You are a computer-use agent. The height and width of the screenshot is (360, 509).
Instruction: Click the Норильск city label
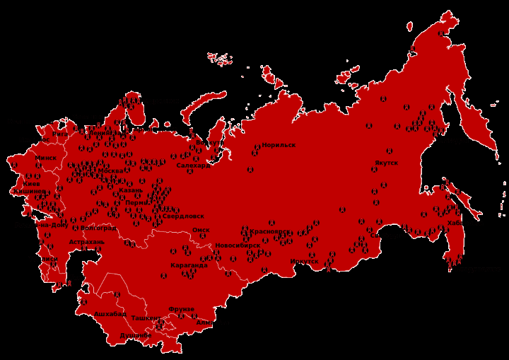279,145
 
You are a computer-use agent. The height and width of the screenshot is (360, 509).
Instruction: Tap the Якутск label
386,163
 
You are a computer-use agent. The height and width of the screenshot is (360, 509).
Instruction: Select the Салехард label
193,166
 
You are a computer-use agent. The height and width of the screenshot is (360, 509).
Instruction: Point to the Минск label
46,158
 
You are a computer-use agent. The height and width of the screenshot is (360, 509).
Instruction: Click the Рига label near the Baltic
60,133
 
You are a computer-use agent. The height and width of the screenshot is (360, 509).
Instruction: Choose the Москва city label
110,170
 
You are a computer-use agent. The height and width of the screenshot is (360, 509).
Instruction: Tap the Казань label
131,190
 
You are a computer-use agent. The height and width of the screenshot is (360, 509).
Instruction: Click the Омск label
201,230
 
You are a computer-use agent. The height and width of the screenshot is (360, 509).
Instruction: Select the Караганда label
189,265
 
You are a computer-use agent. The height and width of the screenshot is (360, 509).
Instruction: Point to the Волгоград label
98,228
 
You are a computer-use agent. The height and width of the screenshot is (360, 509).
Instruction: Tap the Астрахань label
86,242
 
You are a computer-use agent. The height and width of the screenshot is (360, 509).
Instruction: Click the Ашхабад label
110,313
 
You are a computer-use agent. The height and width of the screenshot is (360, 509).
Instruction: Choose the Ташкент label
145,318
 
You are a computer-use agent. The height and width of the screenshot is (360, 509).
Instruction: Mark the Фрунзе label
181,309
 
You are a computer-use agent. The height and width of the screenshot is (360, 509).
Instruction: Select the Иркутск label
304,262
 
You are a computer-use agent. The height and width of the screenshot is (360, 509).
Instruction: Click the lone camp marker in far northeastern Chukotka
440,33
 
